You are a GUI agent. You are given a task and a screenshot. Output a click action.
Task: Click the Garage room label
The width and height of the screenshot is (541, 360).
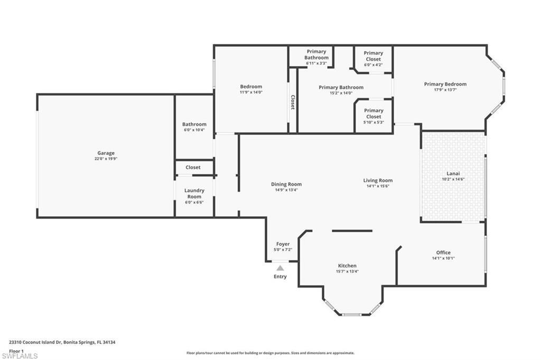[x=106, y=153]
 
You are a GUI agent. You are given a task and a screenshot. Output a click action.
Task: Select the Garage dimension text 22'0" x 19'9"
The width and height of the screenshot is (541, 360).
[x=106, y=158]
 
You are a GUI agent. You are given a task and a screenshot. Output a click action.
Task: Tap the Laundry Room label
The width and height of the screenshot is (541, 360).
[x=194, y=193]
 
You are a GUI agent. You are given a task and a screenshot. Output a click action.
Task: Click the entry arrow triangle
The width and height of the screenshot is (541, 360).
[x=280, y=268]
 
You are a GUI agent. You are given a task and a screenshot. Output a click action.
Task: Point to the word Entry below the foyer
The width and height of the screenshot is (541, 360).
[x=280, y=277]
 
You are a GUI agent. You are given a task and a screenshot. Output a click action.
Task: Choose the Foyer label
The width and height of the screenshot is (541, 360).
[x=283, y=244]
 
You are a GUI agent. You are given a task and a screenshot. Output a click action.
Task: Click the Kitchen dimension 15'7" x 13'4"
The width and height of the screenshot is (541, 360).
[x=347, y=271]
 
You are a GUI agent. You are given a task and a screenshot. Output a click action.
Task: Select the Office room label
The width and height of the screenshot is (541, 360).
[x=443, y=252]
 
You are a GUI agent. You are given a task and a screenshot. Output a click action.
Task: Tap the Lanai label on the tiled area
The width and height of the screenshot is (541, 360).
[x=453, y=173]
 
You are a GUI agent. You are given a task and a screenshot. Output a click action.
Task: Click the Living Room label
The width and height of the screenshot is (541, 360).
[x=378, y=181]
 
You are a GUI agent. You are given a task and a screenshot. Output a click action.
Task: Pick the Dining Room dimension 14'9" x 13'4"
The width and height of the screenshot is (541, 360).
[x=286, y=190]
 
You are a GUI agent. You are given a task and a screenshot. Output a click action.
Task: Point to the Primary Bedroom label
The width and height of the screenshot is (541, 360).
[x=445, y=84]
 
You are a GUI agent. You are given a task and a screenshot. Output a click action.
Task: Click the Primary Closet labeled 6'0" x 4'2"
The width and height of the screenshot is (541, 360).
[x=373, y=56]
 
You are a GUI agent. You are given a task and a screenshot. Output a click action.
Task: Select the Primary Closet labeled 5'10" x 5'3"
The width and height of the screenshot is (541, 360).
[x=373, y=113]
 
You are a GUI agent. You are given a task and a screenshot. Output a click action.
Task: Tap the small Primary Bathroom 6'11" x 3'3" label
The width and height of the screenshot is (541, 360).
[x=316, y=55]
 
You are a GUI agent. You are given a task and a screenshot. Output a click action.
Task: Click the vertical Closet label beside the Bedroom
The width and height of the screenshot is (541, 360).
[x=293, y=102]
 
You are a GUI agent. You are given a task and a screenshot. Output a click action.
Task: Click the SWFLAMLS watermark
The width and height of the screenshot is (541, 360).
[x=20, y=356]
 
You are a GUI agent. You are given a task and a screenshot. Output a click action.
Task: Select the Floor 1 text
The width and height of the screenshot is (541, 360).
[x=17, y=350]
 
